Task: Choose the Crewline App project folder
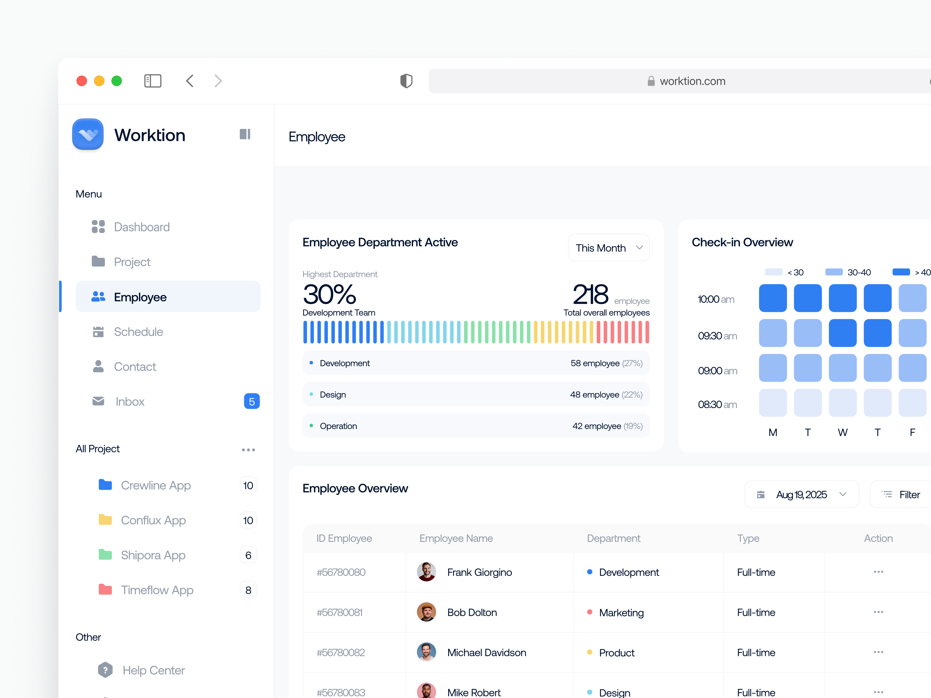tap(155, 485)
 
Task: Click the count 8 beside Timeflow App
tap(248, 590)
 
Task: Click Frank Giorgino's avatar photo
tap(426, 572)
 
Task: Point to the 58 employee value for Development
tap(595, 363)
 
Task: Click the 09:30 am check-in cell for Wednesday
tap(842, 333)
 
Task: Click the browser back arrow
tap(190, 81)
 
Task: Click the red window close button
tap(82, 81)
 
